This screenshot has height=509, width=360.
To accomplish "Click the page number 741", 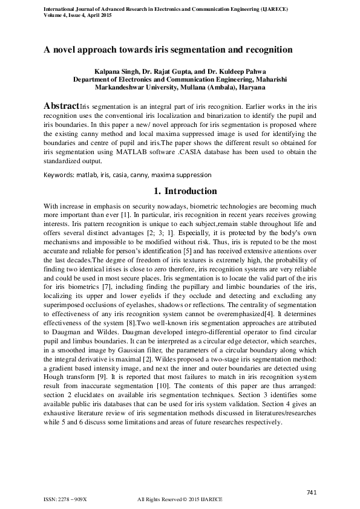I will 312,492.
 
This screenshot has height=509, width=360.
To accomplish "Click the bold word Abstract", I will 61,105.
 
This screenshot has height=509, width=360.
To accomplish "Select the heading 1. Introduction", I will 180,191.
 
